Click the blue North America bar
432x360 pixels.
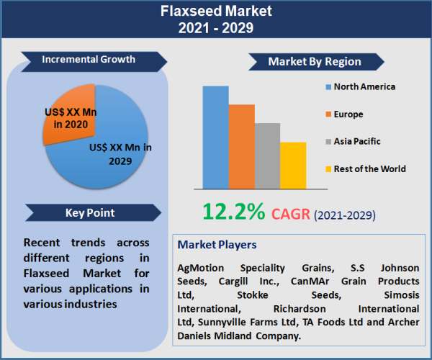pyautogui.click(x=215, y=137)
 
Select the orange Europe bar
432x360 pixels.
pyautogui.click(x=242, y=146)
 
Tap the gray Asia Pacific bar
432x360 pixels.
pyautogui.click(x=267, y=156)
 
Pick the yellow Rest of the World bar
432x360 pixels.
pyautogui.click(x=293, y=165)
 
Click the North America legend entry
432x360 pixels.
pyautogui.click(x=360, y=87)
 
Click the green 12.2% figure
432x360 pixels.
pyautogui.click(x=233, y=212)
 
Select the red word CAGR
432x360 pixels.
pyautogui.click(x=292, y=214)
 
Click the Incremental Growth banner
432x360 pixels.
pyautogui.click(x=88, y=59)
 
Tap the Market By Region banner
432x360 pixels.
pyautogui.click(x=315, y=62)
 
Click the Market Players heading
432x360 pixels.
pyautogui.click(x=217, y=246)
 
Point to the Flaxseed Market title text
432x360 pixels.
pyautogui.click(x=216, y=12)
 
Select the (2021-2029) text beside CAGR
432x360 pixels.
pyautogui.click(x=345, y=215)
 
